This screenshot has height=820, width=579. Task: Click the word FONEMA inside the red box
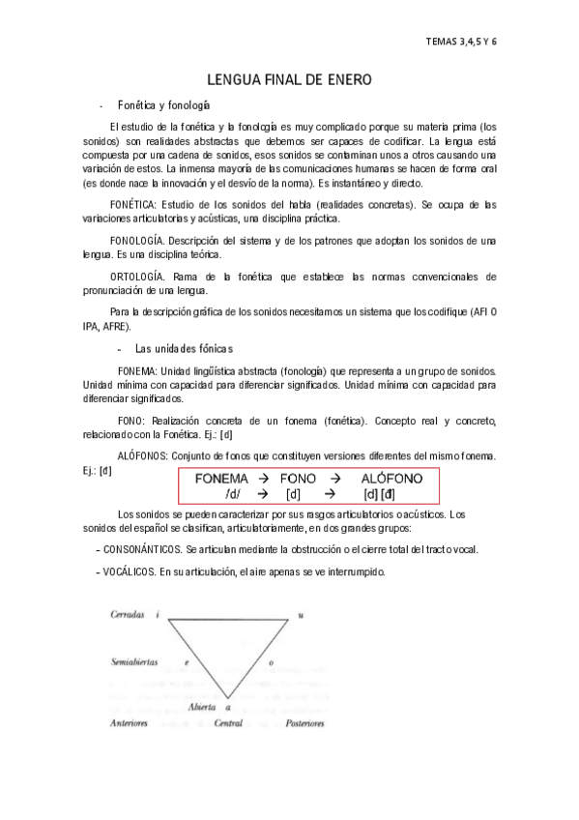click(x=221, y=479)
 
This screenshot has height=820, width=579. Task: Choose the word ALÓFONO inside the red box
click(x=391, y=479)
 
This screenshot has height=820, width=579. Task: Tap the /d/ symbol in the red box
click(x=232, y=494)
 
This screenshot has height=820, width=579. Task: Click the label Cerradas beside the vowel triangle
click(x=127, y=615)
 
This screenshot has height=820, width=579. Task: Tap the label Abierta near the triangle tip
click(x=202, y=708)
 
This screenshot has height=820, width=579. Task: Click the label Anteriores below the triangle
click(x=129, y=722)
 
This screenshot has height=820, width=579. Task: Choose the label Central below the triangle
click(x=227, y=722)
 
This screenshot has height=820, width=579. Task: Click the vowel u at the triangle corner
click(x=301, y=615)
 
